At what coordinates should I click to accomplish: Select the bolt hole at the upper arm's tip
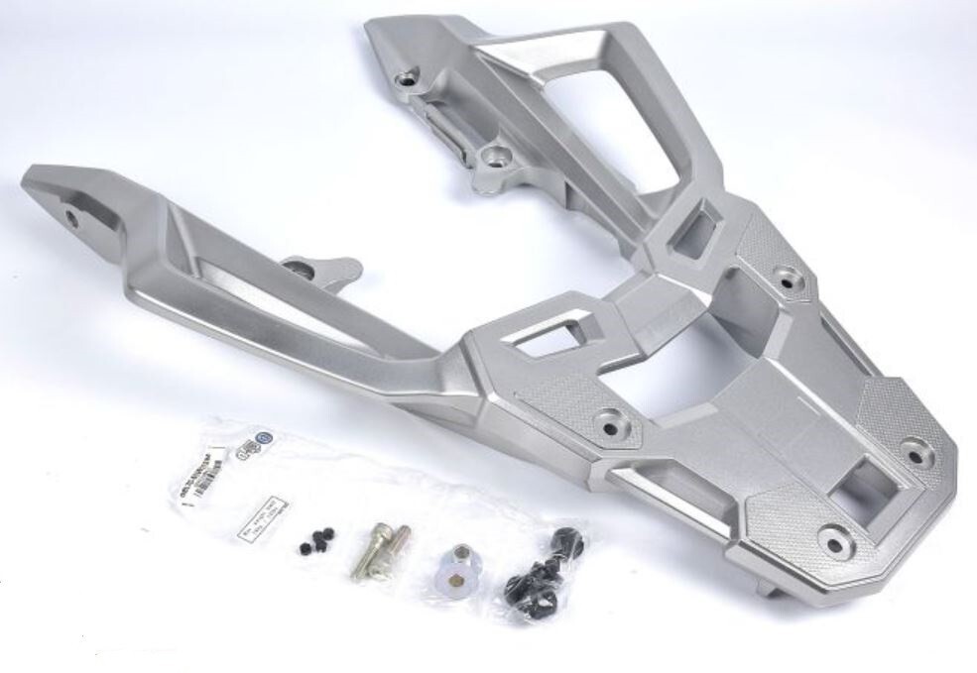pyautogui.click(x=404, y=76)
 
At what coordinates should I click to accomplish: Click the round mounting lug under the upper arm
pyautogui.click(x=489, y=156)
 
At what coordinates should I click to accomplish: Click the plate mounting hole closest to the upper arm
pyautogui.click(x=789, y=280)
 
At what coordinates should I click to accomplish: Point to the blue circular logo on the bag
pyautogui.click(x=262, y=437)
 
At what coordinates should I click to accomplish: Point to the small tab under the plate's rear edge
pyautogui.click(x=766, y=587)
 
